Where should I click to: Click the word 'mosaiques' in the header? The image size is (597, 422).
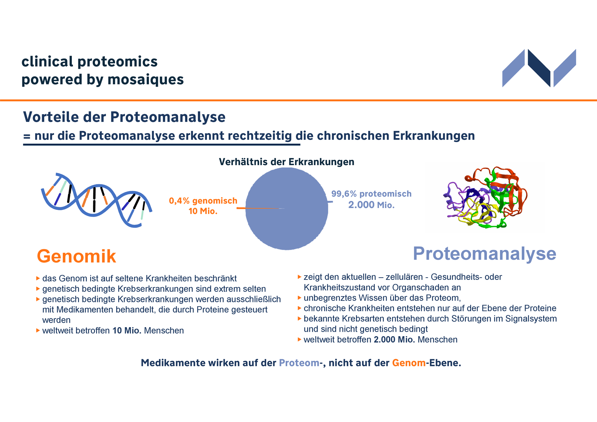pyautogui.click(x=146, y=80)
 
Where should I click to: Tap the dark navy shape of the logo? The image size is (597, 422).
pyautogui.click(x=539, y=68)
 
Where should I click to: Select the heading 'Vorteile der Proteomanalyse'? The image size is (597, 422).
pyautogui.click(x=124, y=117)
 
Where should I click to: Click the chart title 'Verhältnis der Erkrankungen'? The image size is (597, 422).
pyautogui.click(x=286, y=162)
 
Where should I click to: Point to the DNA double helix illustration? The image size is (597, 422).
pyautogui.click(x=96, y=200)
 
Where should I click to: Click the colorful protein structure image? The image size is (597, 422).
pyautogui.click(x=485, y=197)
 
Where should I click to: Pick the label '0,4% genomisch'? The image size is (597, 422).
pyautogui.click(x=203, y=201)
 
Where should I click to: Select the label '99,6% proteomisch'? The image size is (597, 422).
pyautogui.click(x=371, y=194)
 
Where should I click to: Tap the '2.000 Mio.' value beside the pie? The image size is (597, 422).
pyautogui.click(x=371, y=205)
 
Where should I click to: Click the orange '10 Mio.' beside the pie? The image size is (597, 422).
pyautogui.click(x=203, y=211)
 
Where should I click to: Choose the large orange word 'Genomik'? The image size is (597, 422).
pyautogui.click(x=76, y=256)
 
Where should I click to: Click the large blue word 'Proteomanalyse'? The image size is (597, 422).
pyautogui.click(x=484, y=254)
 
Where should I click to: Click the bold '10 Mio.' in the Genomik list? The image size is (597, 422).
pyautogui.click(x=127, y=331)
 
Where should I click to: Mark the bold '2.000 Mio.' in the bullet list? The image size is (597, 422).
pyautogui.click(x=394, y=340)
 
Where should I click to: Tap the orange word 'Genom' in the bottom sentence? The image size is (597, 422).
pyautogui.click(x=409, y=363)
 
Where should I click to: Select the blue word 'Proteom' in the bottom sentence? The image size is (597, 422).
pyautogui.click(x=299, y=363)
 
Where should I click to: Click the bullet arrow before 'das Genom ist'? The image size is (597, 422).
pyautogui.click(x=38, y=278)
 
